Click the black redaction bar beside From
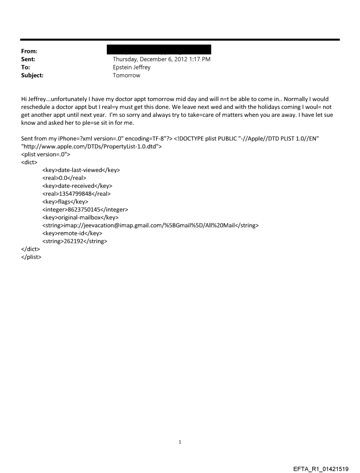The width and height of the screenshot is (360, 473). (162, 49)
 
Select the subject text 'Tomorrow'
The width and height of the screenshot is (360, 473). (127, 75)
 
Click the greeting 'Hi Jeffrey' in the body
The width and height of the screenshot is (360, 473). (33, 99)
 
